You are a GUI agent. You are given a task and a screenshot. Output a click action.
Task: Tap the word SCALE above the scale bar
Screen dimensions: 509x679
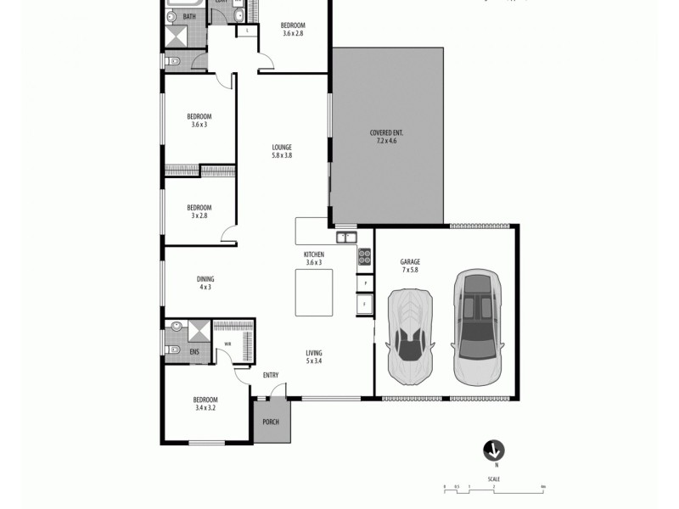coord(494,479)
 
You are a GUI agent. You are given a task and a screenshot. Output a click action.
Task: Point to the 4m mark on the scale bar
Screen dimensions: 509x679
coord(542,487)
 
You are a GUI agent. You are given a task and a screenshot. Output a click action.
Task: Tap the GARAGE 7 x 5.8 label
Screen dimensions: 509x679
coord(410,266)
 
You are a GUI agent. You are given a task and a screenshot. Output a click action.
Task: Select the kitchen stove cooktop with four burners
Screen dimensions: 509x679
coord(363,255)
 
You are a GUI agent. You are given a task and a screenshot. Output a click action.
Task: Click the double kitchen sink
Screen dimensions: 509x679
coord(345,237)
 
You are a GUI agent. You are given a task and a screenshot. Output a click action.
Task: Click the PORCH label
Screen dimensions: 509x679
coord(271,422)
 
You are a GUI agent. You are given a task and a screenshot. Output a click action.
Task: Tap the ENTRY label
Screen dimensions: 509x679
coord(271,375)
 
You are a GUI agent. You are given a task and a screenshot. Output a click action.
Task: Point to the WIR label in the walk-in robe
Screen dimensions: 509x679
coord(227,344)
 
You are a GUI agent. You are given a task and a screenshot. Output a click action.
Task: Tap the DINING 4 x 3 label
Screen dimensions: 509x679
coord(205,282)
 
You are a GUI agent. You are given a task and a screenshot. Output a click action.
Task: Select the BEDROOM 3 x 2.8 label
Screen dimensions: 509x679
coord(199,211)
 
